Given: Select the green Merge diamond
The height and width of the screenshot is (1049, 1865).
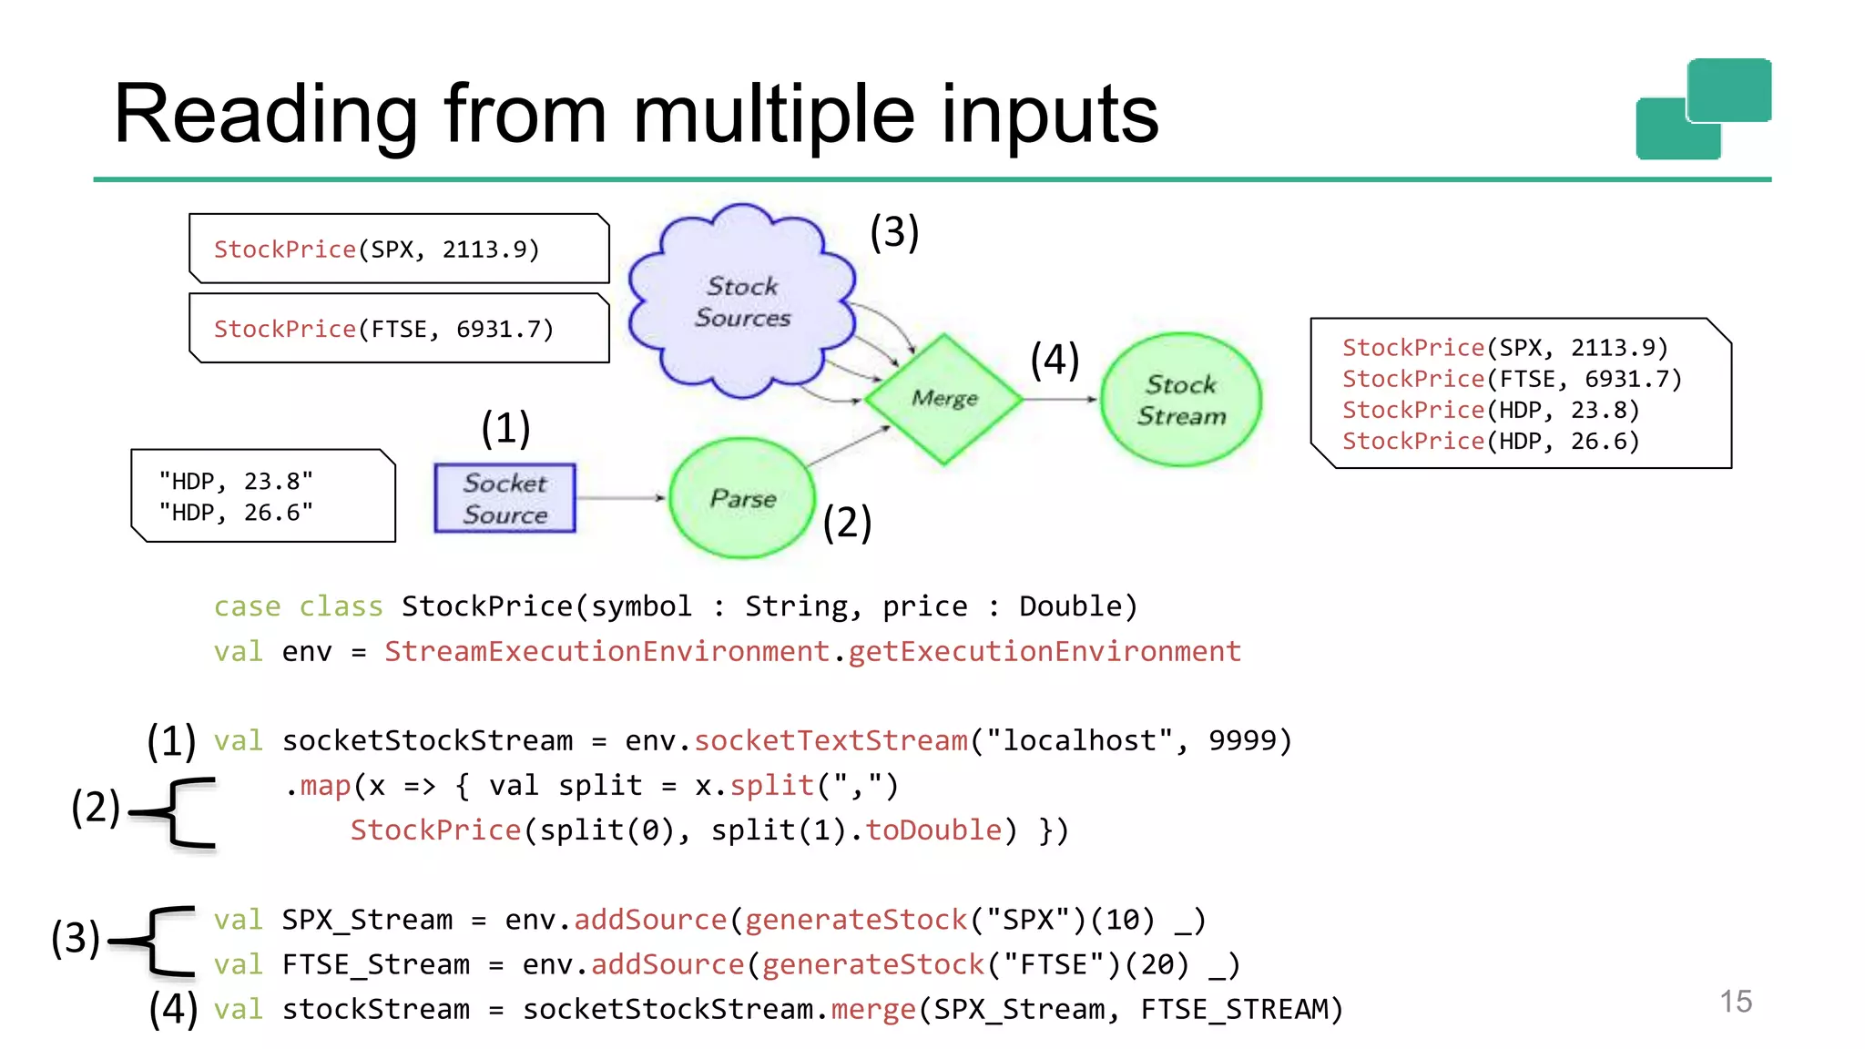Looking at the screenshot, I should click(944, 399).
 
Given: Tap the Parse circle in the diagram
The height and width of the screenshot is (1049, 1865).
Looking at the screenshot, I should click(742, 498).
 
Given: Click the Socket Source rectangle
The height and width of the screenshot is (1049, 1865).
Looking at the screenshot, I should click(504, 498).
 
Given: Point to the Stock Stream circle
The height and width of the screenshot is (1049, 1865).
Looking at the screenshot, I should click(1181, 400).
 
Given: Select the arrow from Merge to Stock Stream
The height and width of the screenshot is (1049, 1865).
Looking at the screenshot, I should click(1060, 399).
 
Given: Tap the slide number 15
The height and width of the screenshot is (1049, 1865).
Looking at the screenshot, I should click(1736, 1002).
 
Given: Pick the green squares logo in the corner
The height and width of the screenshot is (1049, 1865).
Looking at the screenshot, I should click(1703, 109).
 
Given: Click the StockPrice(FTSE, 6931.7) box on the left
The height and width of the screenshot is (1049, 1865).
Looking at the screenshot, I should click(399, 329).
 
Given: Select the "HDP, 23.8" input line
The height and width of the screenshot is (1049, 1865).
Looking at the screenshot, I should click(236, 481).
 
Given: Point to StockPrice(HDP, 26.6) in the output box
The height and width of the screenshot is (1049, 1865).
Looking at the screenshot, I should click(1491, 442).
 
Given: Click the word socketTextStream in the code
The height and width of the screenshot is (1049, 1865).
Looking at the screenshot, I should click(831, 740).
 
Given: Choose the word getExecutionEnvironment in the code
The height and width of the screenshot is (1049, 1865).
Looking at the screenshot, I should click(1045, 651).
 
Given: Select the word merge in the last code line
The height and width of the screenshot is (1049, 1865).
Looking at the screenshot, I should click(872, 1009).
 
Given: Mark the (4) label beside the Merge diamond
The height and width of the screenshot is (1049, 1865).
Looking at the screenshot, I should click(1055, 359).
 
